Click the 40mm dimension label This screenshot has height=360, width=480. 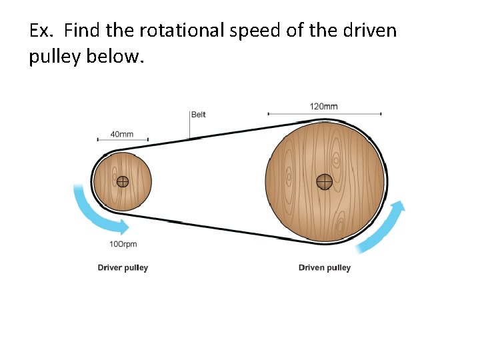(x=122, y=134)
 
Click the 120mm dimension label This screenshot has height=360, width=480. (x=323, y=106)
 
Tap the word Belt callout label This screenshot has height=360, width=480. (x=199, y=115)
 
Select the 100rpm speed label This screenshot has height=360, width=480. (x=123, y=244)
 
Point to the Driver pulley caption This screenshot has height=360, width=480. (x=123, y=268)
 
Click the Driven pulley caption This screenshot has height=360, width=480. (x=324, y=268)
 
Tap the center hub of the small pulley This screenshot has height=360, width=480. (x=123, y=181)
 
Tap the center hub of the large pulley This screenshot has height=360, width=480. (x=325, y=181)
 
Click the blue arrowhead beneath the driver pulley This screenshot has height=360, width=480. (x=124, y=226)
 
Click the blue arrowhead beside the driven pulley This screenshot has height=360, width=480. (x=398, y=207)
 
